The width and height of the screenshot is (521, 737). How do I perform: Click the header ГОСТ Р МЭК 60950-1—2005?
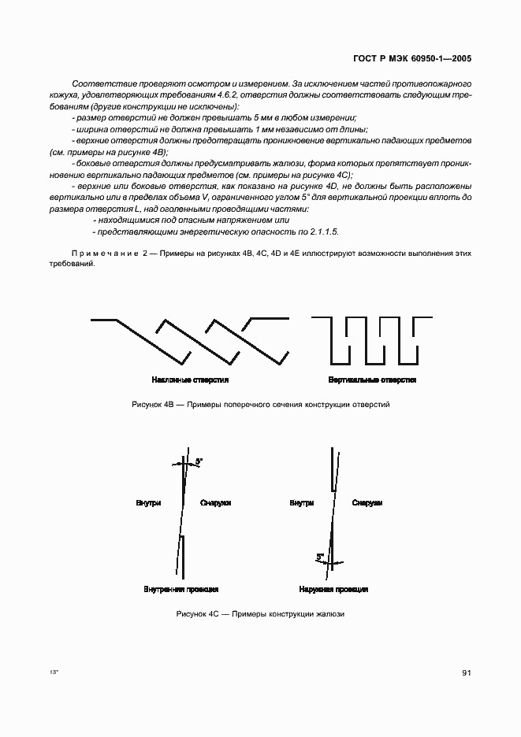click(x=415, y=59)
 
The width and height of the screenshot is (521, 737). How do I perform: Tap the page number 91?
click(x=467, y=672)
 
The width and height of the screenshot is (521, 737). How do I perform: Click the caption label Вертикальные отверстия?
click(x=372, y=380)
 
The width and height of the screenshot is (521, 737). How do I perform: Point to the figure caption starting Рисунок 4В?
click(x=260, y=405)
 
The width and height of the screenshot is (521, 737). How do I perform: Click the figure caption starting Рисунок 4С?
click(x=261, y=614)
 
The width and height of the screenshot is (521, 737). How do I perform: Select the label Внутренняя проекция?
click(x=180, y=589)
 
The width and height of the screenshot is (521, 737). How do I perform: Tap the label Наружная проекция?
click(x=333, y=589)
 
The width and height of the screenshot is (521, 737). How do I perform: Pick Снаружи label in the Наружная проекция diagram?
click(x=367, y=502)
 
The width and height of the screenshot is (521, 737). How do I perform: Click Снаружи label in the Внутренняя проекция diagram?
click(x=215, y=502)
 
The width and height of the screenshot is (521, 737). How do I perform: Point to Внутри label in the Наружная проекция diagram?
click(x=301, y=502)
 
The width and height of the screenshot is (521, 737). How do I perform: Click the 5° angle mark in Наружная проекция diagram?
click(x=321, y=557)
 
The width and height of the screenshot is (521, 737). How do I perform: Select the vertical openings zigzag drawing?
click(x=371, y=340)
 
